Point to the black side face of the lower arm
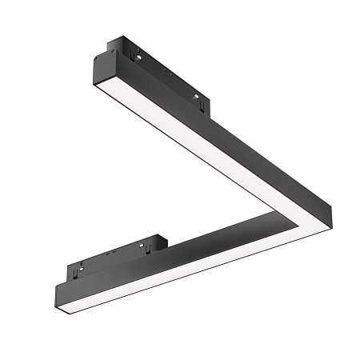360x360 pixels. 200,243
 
